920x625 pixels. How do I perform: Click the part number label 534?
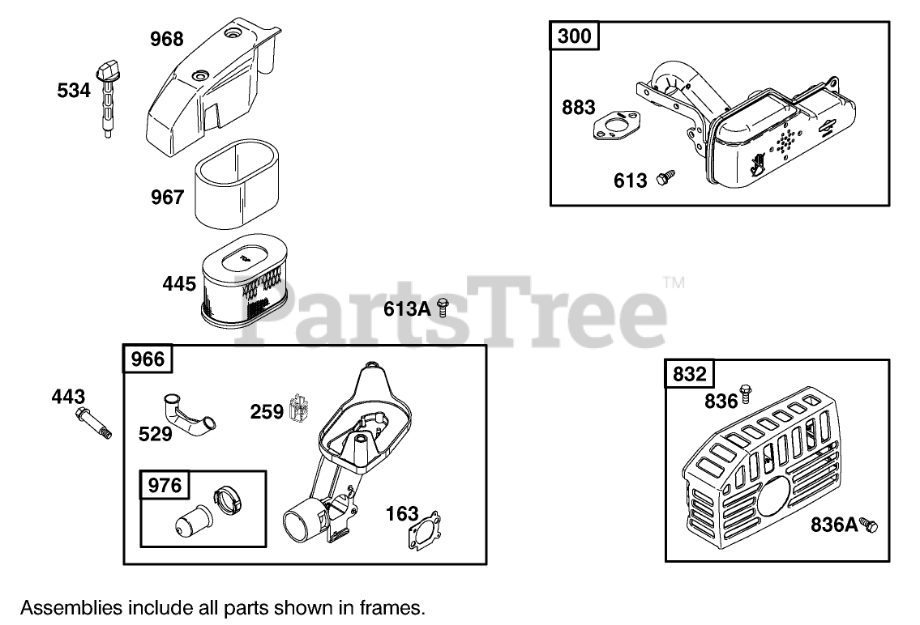pyautogui.click(x=74, y=91)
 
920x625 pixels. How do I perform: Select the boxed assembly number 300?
pyautogui.click(x=575, y=36)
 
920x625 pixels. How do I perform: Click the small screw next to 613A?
pyautogui.click(x=443, y=306)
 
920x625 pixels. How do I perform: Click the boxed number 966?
pyautogui.click(x=147, y=359)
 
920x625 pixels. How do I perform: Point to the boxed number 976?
pyautogui.click(x=165, y=485)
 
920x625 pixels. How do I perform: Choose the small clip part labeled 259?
pyautogui.click(x=300, y=410)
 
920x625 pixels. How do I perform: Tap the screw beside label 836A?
pyautogui.click(x=869, y=525)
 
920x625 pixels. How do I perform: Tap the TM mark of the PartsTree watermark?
pyautogui.click(x=674, y=283)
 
